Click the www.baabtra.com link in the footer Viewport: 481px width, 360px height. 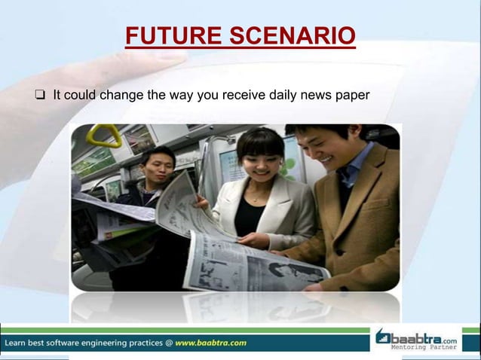click(210, 343)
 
